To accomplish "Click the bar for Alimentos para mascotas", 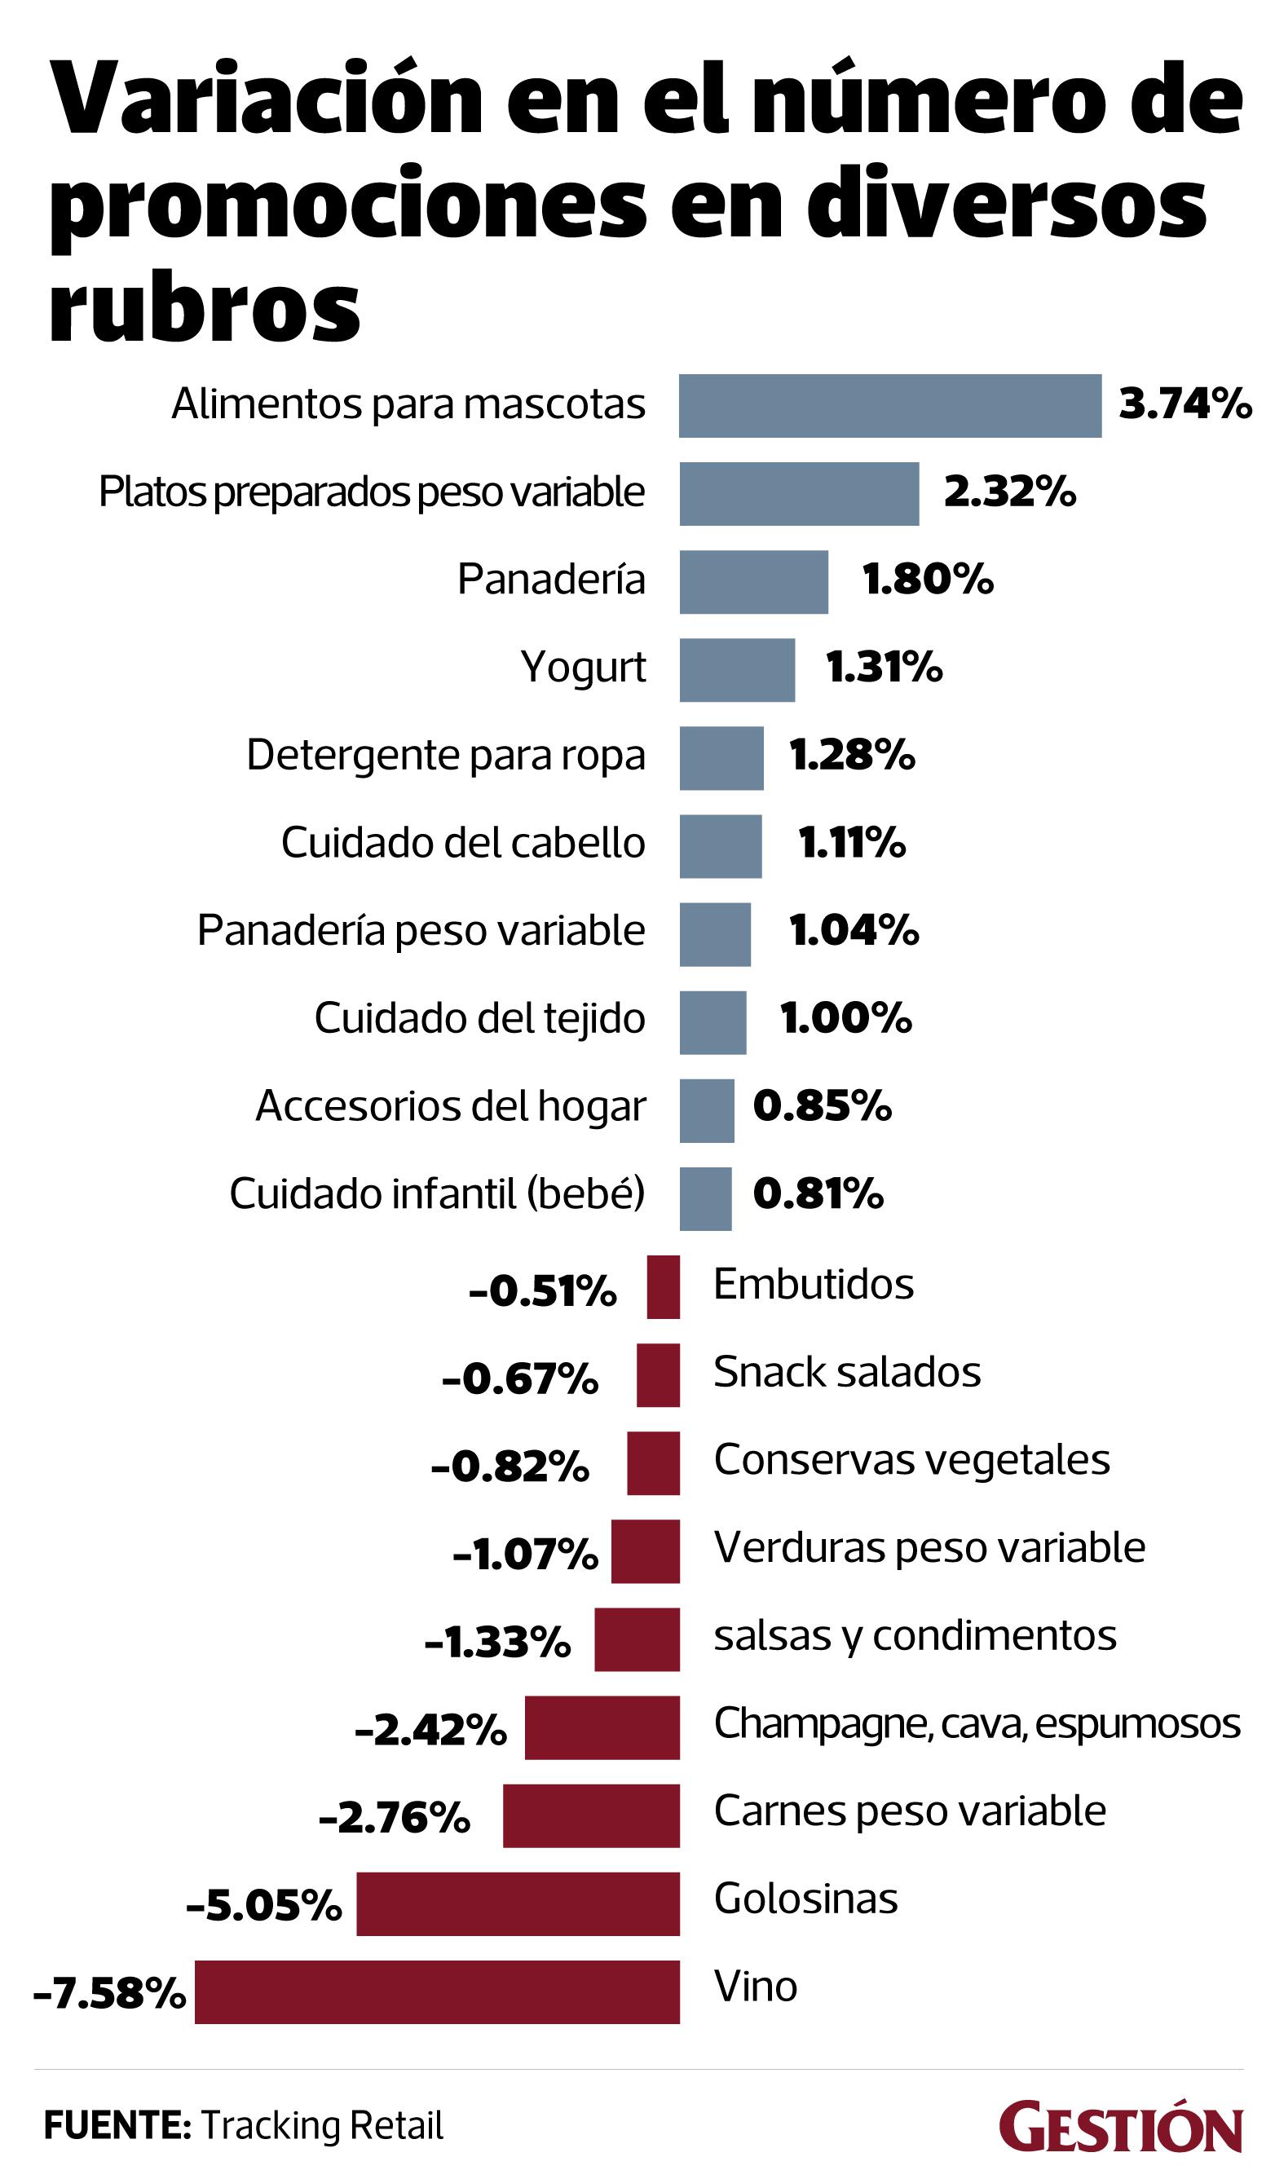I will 889,405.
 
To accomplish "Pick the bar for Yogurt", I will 736,669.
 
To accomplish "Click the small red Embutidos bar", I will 663,1286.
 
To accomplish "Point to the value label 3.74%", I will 1185,404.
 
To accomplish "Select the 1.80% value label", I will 927,580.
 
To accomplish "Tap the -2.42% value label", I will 430,1729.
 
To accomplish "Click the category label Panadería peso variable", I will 421,930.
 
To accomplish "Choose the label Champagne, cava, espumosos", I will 977,1722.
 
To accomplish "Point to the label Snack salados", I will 846,1371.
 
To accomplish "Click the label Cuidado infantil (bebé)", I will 437,1193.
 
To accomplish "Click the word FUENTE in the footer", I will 117,2125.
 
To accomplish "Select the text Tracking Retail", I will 322,2125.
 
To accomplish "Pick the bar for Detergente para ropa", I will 721,757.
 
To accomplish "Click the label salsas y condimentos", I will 915,1635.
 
